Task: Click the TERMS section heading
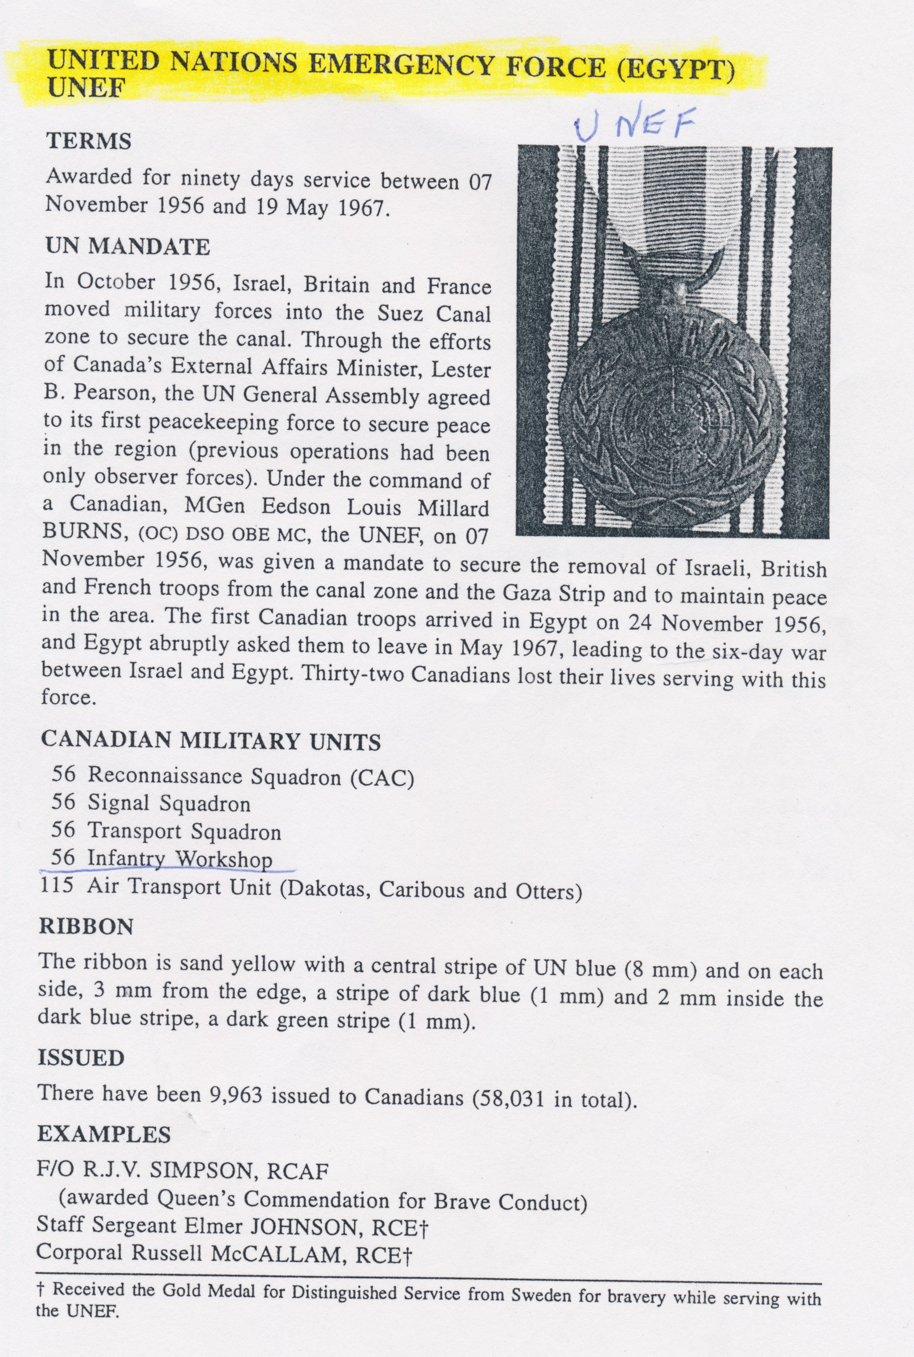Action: click(x=89, y=142)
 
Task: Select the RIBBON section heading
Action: click(x=86, y=926)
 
